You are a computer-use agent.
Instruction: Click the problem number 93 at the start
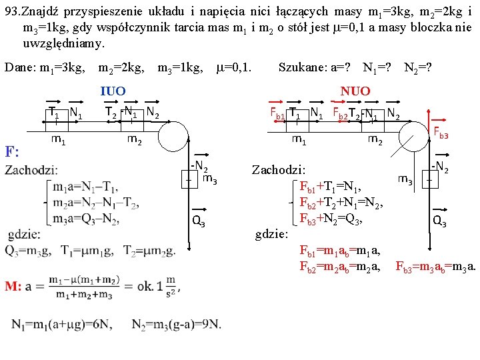coord(13,11)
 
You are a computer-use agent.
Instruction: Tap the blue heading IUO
coord(113,91)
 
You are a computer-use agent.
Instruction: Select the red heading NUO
coord(355,91)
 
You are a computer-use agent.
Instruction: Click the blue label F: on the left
coord(13,151)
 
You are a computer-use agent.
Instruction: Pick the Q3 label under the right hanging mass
coord(439,221)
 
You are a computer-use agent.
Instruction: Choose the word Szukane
coord(301,68)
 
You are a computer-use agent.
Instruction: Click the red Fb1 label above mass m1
coord(277,113)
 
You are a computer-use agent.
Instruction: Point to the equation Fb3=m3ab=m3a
coord(436,268)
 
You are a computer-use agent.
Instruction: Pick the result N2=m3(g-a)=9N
coord(177,324)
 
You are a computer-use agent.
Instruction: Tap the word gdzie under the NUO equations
coord(272,235)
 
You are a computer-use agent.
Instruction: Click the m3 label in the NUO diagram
coord(405,179)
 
